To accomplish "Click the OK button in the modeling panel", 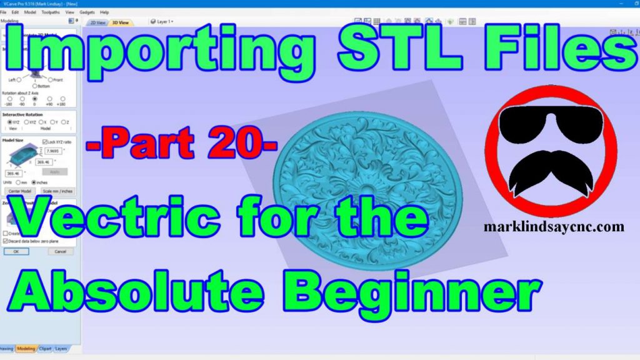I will tap(16, 251).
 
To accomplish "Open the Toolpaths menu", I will tap(51, 12).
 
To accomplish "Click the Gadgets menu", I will tap(86, 12).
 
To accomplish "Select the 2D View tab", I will tap(97, 22).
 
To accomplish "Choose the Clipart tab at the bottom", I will tap(45, 348).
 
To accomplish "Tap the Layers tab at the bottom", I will tap(61, 348).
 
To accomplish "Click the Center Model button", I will tap(19, 191).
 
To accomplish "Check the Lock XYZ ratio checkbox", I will tap(44, 142).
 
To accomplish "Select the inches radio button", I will tap(34, 182).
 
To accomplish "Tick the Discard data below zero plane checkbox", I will tap(5, 240).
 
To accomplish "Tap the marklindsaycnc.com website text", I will tap(554, 227).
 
